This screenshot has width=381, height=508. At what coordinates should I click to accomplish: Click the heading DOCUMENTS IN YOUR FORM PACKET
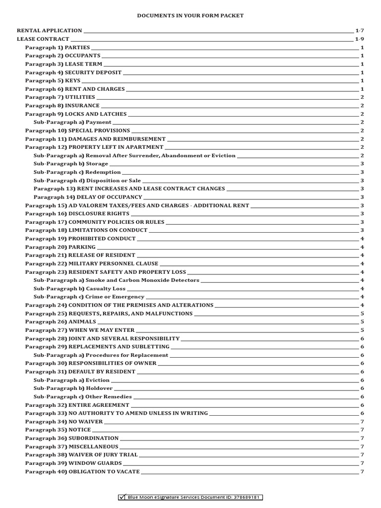pos(190,16)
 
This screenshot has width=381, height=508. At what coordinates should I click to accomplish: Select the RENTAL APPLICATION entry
pos(50,31)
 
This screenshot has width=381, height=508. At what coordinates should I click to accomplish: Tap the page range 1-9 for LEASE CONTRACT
pos(360,39)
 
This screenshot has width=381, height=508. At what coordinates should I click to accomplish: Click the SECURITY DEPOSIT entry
pos(73,72)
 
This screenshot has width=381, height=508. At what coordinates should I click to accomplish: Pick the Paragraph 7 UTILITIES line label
pos(60,97)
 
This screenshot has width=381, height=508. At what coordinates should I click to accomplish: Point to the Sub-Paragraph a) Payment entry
pos(72,122)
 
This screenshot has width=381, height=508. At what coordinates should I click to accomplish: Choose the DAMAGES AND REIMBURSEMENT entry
pos(95,139)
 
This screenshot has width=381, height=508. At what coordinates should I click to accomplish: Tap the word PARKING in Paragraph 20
pos(82,247)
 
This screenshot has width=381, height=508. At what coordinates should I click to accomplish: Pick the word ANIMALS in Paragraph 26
pos(82,322)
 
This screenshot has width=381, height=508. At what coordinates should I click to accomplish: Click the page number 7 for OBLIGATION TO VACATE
pos(362,472)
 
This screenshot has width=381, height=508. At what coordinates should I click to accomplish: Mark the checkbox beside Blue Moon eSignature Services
pos(123,497)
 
